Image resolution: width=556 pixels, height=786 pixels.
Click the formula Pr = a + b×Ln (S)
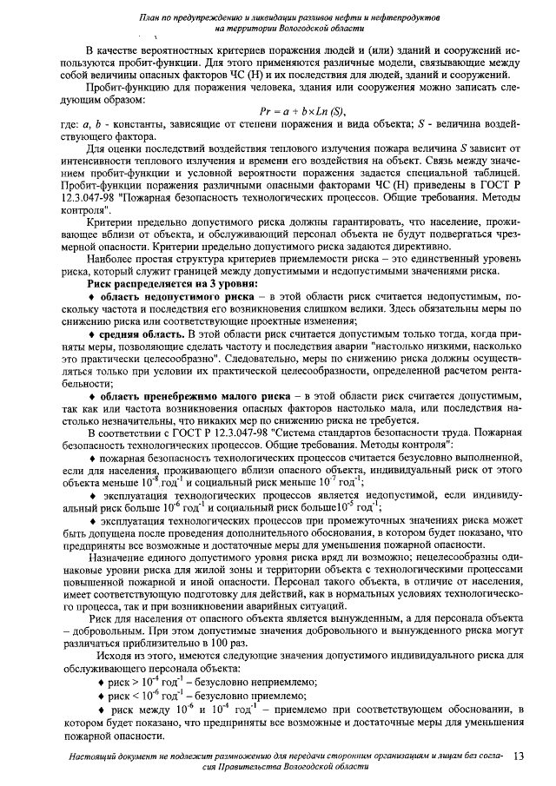click(x=301, y=111)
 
